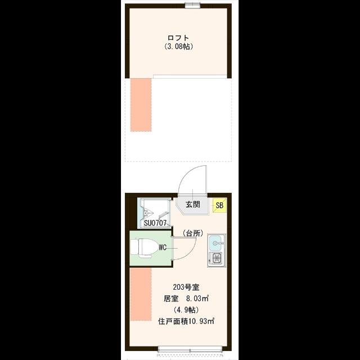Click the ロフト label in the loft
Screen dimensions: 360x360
(x=178, y=38)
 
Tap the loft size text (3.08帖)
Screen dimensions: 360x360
(x=178, y=47)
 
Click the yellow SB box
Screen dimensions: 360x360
(x=220, y=205)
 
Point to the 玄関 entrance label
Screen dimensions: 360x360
(x=193, y=204)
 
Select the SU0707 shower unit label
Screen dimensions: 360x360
(x=155, y=223)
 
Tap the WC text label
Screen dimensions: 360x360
(x=163, y=247)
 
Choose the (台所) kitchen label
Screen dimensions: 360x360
(x=193, y=233)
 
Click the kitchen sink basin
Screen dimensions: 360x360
(x=216, y=243)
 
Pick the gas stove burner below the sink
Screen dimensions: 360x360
(x=216, y=259)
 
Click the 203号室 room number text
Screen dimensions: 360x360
(x=186, y=287)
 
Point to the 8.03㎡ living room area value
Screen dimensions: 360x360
(x=197, y=299)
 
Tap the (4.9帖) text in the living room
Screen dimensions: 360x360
(x=186, y=310)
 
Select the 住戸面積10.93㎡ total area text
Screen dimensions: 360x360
(x=186, y=321)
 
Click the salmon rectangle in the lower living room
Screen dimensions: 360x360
(x=141, y=294)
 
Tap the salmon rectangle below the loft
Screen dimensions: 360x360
(x=141, y=105)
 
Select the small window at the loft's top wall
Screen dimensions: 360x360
(x=192, y=6)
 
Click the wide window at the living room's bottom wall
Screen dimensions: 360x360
(x=190, y=350)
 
